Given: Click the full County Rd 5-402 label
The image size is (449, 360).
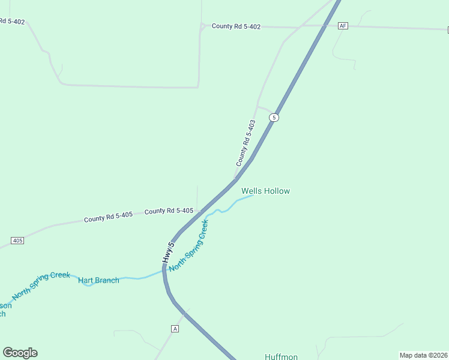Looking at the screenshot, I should (x=236, y=27).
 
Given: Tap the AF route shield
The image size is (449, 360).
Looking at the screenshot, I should (x=343, y=26).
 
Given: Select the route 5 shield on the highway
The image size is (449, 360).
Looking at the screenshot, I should (x=274, y=118).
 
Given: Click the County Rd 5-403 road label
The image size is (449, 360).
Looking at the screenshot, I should (x=246, y=143).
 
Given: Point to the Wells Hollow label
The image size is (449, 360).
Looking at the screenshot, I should (x=265, y=191).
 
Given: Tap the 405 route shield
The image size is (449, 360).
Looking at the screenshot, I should (x=17, y=241).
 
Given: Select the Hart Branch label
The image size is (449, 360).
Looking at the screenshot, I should (x=98, y=280).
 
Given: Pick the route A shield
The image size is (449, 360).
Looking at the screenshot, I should (x=175, y=329).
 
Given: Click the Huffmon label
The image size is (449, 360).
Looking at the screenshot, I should (x=281, y=356).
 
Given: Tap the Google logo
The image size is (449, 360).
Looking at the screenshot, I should (x=20, y=353).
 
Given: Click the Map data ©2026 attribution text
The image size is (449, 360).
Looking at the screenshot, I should (x=423, y=355).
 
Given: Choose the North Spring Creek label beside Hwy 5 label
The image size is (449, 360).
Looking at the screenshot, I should (x=188, y=245).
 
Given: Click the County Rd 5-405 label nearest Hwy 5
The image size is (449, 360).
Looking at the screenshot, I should (x=169, y=211).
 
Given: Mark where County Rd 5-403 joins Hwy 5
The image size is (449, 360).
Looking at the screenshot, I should (x=235, y=179).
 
